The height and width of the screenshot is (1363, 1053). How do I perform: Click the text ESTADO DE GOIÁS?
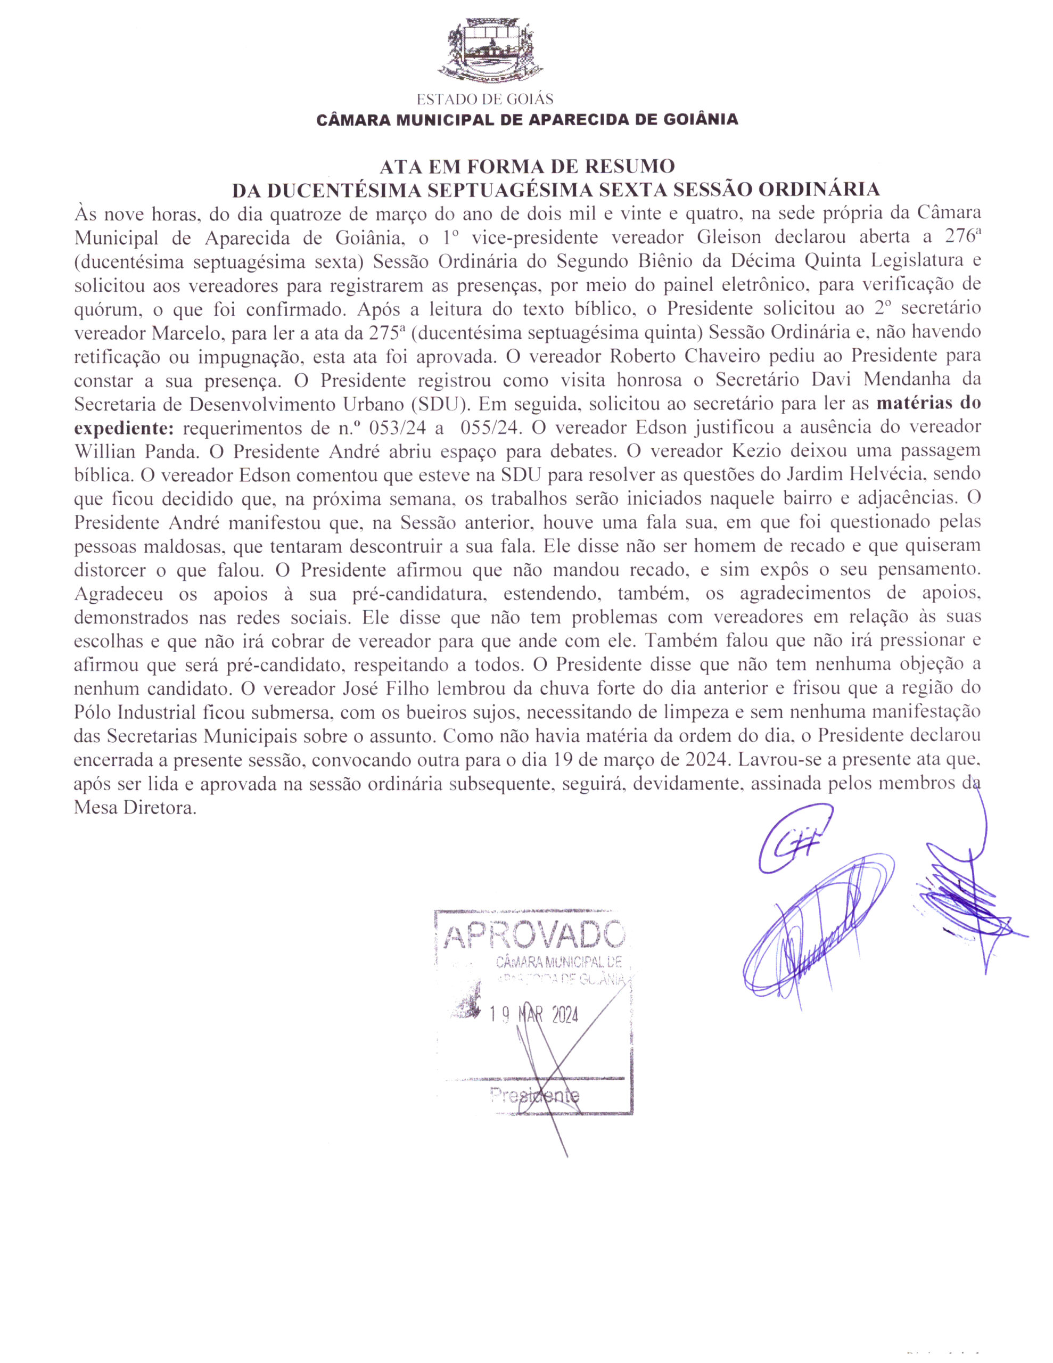pos(484,99)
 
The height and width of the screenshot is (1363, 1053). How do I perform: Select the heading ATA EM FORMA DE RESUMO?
pos(527,167)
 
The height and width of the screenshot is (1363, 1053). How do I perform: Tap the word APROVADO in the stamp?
pos(533,936)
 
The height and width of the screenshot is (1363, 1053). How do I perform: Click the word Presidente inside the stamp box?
pos(534,1095)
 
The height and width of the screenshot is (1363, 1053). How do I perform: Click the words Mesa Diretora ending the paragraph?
pos(134,808)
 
